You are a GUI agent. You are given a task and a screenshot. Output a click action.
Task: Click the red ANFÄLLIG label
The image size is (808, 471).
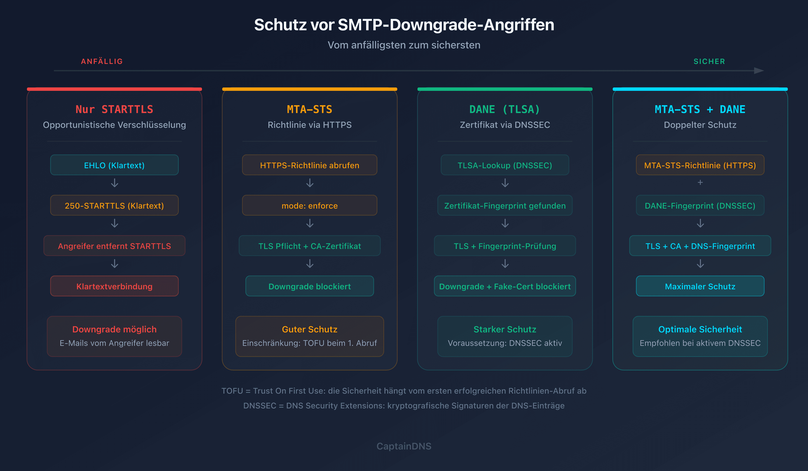[102, 61]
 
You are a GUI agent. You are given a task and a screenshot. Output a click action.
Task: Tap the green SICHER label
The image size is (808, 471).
[709, 61]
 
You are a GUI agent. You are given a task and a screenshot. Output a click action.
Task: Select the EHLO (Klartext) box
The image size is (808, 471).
[114, 165]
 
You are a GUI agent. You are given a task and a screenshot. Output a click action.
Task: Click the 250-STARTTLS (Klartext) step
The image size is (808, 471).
[114, 205]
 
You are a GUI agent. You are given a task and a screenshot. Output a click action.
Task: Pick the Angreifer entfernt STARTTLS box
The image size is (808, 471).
[114, 246]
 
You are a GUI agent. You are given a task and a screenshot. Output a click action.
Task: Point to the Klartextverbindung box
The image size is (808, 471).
[114, 286]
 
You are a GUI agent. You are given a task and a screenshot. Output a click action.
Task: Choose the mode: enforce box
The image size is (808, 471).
[310, 205]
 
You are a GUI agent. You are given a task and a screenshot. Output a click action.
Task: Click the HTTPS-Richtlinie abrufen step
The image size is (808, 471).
[310, 165]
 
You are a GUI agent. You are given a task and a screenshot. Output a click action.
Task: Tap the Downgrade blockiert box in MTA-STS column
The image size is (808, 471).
[310, 286]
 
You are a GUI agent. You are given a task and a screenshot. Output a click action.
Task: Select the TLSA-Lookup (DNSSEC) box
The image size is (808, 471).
[505, 165]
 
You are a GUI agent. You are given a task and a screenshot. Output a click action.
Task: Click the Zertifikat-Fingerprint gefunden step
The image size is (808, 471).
[505, 205]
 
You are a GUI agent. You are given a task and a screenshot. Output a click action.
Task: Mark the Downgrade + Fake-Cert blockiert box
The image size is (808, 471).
[505, 286]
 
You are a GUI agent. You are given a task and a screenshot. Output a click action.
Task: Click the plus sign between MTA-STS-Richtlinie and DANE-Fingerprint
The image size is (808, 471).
[700, 182]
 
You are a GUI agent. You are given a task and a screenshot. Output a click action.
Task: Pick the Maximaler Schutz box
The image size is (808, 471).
[700, 286]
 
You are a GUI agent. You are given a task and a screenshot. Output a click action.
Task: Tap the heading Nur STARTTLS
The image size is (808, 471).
[114, 109]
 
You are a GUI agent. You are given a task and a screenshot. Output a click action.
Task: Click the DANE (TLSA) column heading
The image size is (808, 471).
[505, 109]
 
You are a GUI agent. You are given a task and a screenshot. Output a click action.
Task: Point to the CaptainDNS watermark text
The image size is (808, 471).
[404, 446]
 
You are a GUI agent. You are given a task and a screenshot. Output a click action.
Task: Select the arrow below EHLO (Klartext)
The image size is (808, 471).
[114, 183]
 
